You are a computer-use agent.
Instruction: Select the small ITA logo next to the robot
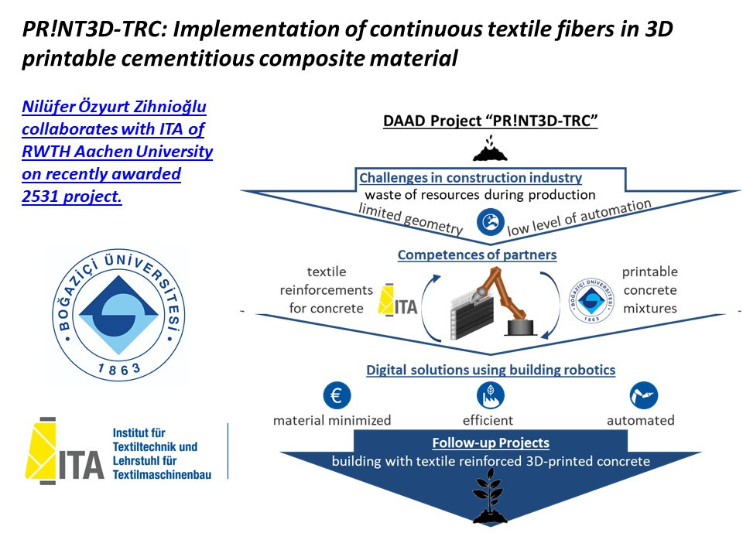(x=398, y=300)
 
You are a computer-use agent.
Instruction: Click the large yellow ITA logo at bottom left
(x=68, y=451)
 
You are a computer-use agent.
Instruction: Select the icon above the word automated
(x=643, y=395)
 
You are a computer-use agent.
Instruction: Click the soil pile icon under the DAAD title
(x=491, y=149)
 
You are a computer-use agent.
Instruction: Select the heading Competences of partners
(x=477, y=255)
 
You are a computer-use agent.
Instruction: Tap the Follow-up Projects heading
(x=491, y=443)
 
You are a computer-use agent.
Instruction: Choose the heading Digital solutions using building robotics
(x=491, y=370)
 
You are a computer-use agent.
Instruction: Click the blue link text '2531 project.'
(x=72, y=196)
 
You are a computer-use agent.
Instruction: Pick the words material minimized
(x=332, y=420)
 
